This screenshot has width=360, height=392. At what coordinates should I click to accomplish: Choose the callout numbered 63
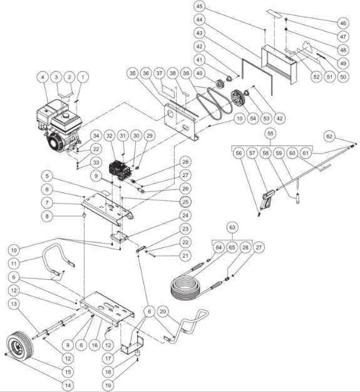tap(232, 226)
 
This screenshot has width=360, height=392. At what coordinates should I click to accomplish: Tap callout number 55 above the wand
tap(270, 134)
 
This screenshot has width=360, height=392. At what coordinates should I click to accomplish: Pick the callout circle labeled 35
tap(132, 73)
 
